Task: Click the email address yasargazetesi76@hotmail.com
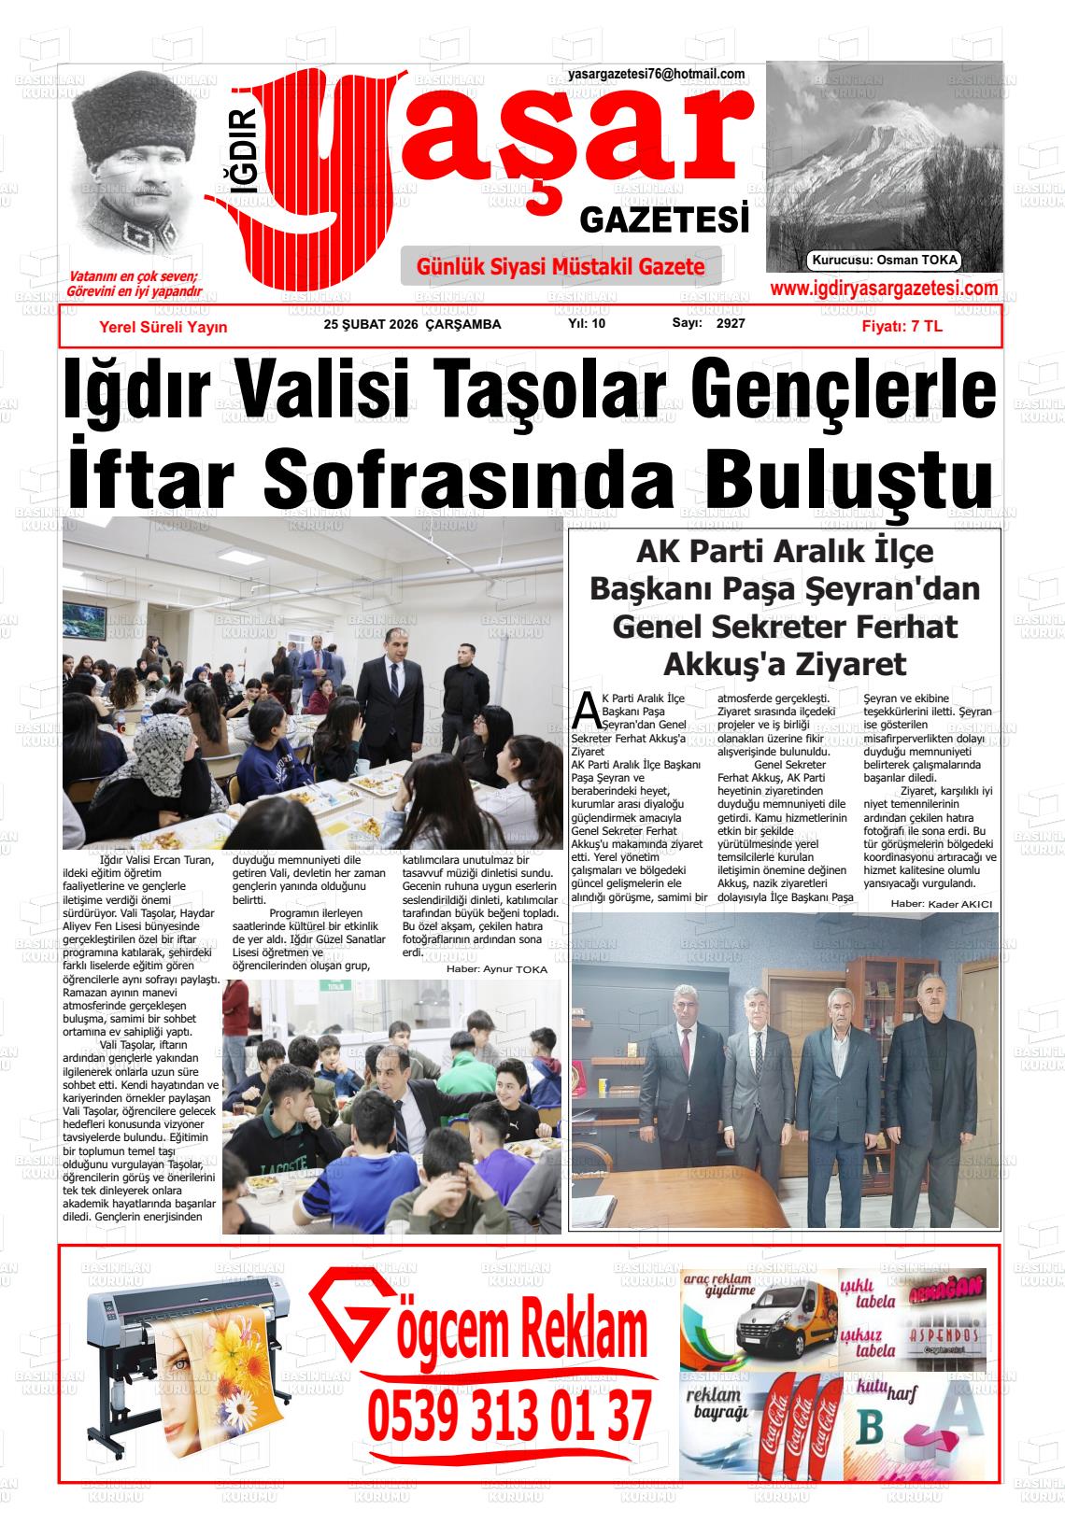point(656,75)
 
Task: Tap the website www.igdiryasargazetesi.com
point(884,289)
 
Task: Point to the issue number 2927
point(731,324)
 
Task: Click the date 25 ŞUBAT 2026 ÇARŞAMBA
point(412,325)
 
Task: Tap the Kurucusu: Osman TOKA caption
point(885,261)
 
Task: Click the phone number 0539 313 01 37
point(510,1415)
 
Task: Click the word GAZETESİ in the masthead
point(665,220)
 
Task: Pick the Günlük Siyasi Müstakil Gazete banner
point(561,267)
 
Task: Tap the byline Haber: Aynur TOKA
point(497,969)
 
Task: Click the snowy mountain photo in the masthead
point(884,159)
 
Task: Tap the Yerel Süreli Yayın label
point(163,327)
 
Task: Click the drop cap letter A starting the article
point(586,711)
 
